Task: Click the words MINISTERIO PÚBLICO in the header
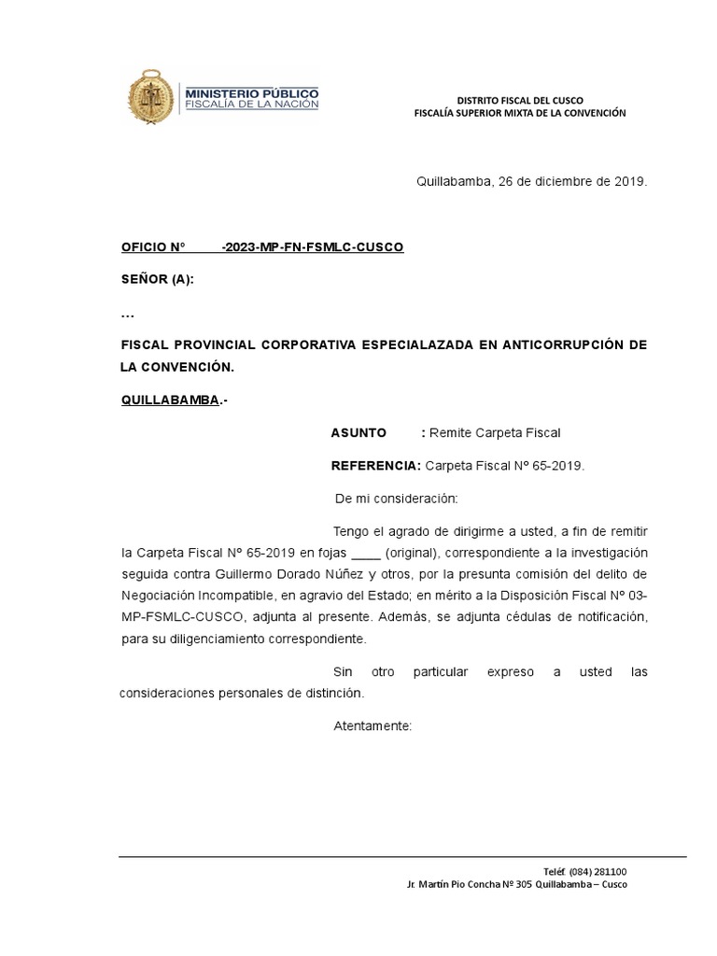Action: click(x=252, y=94)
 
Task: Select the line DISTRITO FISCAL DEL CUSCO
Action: click(x=520, y=100)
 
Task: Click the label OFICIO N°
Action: click(x=154, y=247)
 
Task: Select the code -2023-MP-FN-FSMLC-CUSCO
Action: click(x=312, y=247)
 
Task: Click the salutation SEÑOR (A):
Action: click(x=158, y=280)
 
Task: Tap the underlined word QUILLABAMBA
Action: click(x=170, y=401)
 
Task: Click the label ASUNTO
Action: click(x=358, y=433)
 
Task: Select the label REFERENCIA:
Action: click(x=376, y=466)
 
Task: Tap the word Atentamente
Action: click(x=372, y=725)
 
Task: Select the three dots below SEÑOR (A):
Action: click(x=128, y=313)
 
